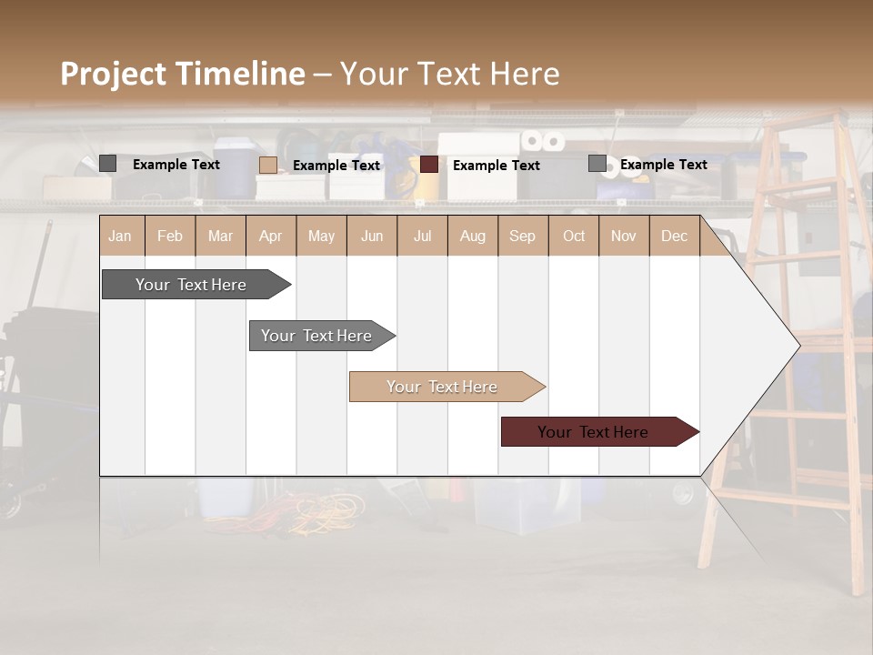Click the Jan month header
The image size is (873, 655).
(120, 237)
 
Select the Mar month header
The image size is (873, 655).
(220, 237)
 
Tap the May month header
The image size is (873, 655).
(321, 237)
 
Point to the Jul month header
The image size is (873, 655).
(422, 237)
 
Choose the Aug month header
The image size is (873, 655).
(472, 237)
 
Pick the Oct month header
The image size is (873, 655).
(574, 237)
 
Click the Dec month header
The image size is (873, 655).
(674, 237)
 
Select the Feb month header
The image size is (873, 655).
(170, 237)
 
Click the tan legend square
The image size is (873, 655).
(268, 165)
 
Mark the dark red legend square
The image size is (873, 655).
(429, 165)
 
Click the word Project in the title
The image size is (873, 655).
(114, 75)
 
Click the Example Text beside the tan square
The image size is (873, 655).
(336, 166)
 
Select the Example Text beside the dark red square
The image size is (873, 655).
(497, 166)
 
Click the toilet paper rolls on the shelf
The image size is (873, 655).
(542, 141)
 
